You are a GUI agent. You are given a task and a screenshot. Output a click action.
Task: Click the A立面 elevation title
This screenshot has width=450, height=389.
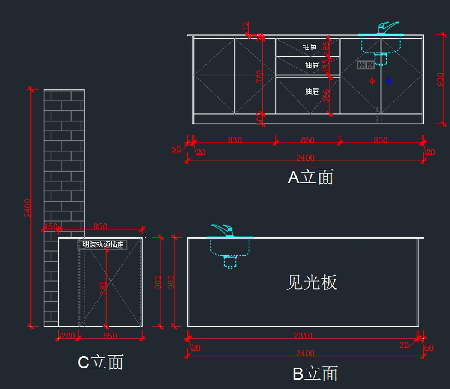[x=310, y=177]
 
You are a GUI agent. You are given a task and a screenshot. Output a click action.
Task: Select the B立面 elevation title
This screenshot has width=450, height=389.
[x=315, y=374]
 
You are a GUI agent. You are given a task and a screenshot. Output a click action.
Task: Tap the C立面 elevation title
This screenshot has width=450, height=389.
[x=100, y=362]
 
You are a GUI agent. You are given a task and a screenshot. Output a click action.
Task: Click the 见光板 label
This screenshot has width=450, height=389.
[x=312, y=282]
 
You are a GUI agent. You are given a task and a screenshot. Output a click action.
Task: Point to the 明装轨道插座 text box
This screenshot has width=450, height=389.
[x=103, y=245]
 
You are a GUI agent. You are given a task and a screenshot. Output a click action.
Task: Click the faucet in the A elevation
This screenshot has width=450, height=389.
[x=386, y=28]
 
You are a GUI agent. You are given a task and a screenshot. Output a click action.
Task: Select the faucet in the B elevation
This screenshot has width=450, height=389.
[x=223, y=230]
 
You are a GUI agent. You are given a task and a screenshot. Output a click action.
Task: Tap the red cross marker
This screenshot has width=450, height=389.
[x=372, y=81]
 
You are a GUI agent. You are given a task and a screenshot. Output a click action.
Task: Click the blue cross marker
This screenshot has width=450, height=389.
[x=389, y=81]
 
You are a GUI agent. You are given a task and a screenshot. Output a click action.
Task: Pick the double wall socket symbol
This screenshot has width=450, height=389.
[x=366, y=65]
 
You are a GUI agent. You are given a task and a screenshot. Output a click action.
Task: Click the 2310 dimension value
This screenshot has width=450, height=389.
[x=303, y=336]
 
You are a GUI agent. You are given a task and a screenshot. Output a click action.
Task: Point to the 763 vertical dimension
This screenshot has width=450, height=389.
[x=259, y=76]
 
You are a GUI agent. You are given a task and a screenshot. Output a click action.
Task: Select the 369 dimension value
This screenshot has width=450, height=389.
[x=327, y=96]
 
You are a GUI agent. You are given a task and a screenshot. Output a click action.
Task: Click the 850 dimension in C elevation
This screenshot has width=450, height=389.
[x=100, y=226]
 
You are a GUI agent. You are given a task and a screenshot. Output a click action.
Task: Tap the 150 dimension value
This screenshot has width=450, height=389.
[x=51, y=226]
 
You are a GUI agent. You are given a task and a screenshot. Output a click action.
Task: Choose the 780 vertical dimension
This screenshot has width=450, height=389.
[x=103, y=288]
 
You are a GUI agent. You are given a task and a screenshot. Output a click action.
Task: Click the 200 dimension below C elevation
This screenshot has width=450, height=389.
[x=68, y=336]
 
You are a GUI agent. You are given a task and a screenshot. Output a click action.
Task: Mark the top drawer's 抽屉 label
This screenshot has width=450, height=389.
[x=310, y=47]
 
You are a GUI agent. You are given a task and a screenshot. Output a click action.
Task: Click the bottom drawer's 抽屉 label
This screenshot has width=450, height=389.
[x=312, y=91]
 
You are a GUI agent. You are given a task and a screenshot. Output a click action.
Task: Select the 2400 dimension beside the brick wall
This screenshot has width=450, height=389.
[x=27, y=208]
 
